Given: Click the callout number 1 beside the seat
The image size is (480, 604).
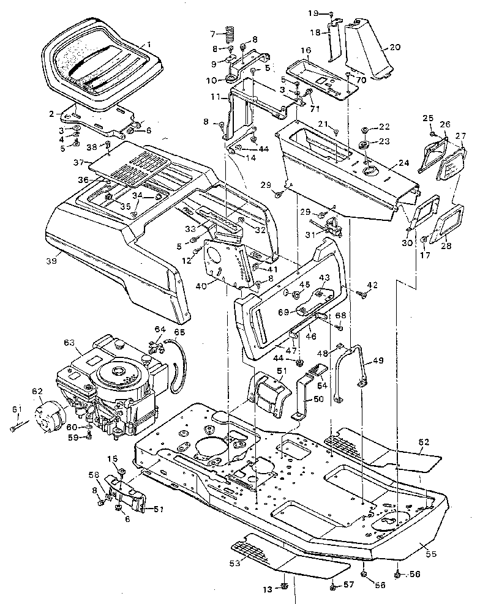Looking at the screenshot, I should click(148, 44).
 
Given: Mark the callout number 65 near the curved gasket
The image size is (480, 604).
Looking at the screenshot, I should click(179, 332).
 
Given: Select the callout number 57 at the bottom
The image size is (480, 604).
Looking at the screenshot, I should click(348, 586).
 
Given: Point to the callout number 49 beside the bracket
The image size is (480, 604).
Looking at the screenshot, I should click(379, 360).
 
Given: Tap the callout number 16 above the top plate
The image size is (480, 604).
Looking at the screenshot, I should click(306, 50).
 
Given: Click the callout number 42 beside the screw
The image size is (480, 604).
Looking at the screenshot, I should click(373, 285).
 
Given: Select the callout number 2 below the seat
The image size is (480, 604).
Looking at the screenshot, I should click(51, 113).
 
